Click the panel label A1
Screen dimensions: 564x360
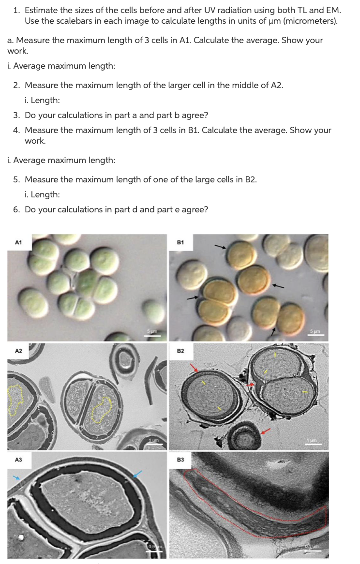click(x=18, y=242)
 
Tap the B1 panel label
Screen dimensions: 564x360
click(x=180, y=242)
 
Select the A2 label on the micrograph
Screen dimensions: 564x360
click(x=18, y=351)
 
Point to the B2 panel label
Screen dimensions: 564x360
click(x=180, y=351)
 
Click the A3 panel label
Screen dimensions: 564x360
click(x=18, y=460)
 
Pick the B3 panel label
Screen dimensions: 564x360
click(x=180, y=460)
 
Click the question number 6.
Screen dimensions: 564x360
click(x=16, y=209)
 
